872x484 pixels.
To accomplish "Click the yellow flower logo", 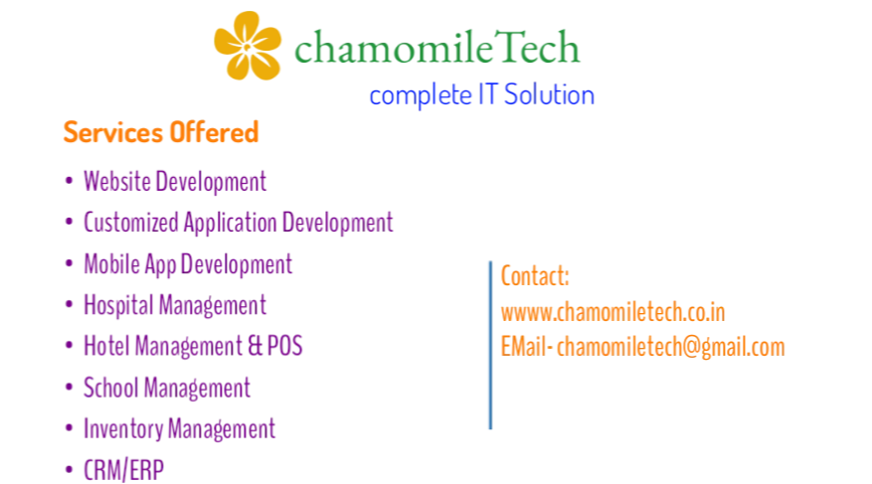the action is (248, 46).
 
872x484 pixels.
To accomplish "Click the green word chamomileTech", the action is (437, 48).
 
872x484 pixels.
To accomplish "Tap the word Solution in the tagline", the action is (549, 94).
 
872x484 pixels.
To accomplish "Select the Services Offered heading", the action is (161, 132).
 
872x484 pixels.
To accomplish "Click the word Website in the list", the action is (116, 181).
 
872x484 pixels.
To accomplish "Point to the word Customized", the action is (131, 223).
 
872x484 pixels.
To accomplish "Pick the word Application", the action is (231, 223).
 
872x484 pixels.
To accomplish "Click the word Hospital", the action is (118, 306).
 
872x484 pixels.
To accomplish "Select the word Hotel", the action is (106, 346).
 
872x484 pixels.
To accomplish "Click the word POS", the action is (284, 346).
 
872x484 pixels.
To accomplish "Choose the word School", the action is (110, 388).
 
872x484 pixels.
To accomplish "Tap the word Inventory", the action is (123, 429).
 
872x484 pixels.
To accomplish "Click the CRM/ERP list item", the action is (123, 470).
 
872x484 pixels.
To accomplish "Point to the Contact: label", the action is (535, 275).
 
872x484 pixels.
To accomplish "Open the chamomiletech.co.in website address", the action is (612, 312).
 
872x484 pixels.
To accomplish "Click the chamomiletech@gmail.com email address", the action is (671, 347).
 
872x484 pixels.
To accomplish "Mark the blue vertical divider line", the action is (490, 345).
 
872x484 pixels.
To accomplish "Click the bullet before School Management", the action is (69, 388).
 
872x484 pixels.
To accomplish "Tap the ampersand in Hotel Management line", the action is (255, 346).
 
